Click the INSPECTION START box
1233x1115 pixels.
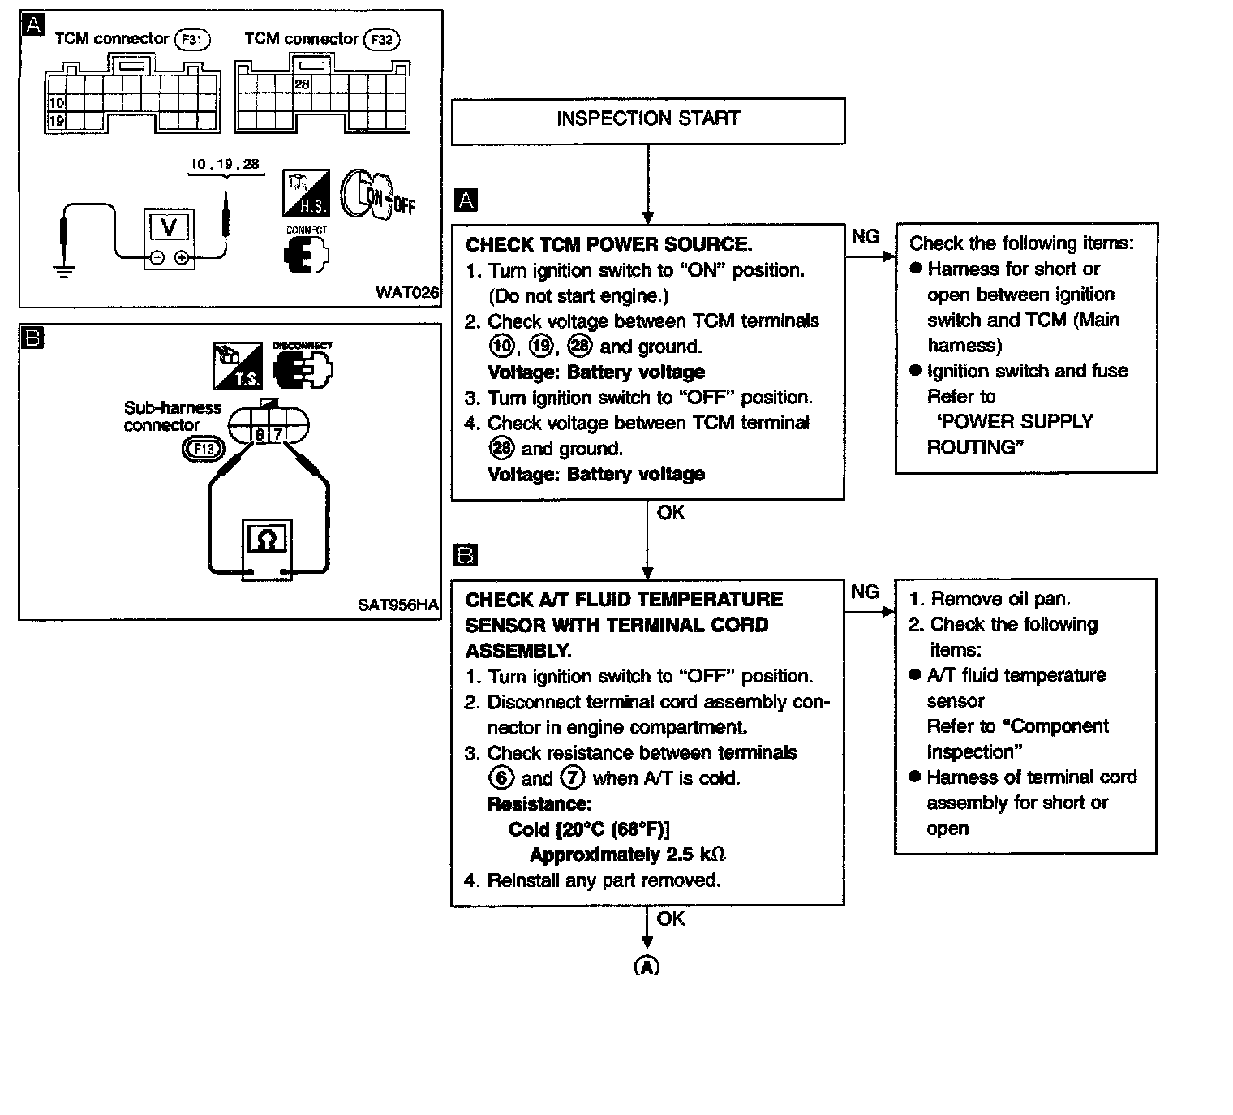tap(647, 120)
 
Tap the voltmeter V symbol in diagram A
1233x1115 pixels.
tap(170, 227)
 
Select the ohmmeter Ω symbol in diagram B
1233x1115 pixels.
tap(267, 539)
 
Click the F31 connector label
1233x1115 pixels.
tap(192, 40)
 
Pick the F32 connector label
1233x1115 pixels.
tap(381, 40)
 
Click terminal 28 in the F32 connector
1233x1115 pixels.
tap(302, 84)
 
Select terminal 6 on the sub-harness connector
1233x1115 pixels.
tap(260, 435)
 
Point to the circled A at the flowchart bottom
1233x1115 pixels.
tap(647, 966)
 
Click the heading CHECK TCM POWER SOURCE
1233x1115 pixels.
tap(608, 245)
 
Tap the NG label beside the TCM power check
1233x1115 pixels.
tap(866, 236)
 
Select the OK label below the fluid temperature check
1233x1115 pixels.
tap(671, 919)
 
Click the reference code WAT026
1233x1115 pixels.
tap(407, 292)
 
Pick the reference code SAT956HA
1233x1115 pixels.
tap(397, 605)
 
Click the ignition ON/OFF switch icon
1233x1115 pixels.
tap(375, 195)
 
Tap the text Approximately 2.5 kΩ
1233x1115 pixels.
tap(627, 855)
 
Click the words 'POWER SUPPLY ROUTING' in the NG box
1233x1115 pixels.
tap(1010, 434)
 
